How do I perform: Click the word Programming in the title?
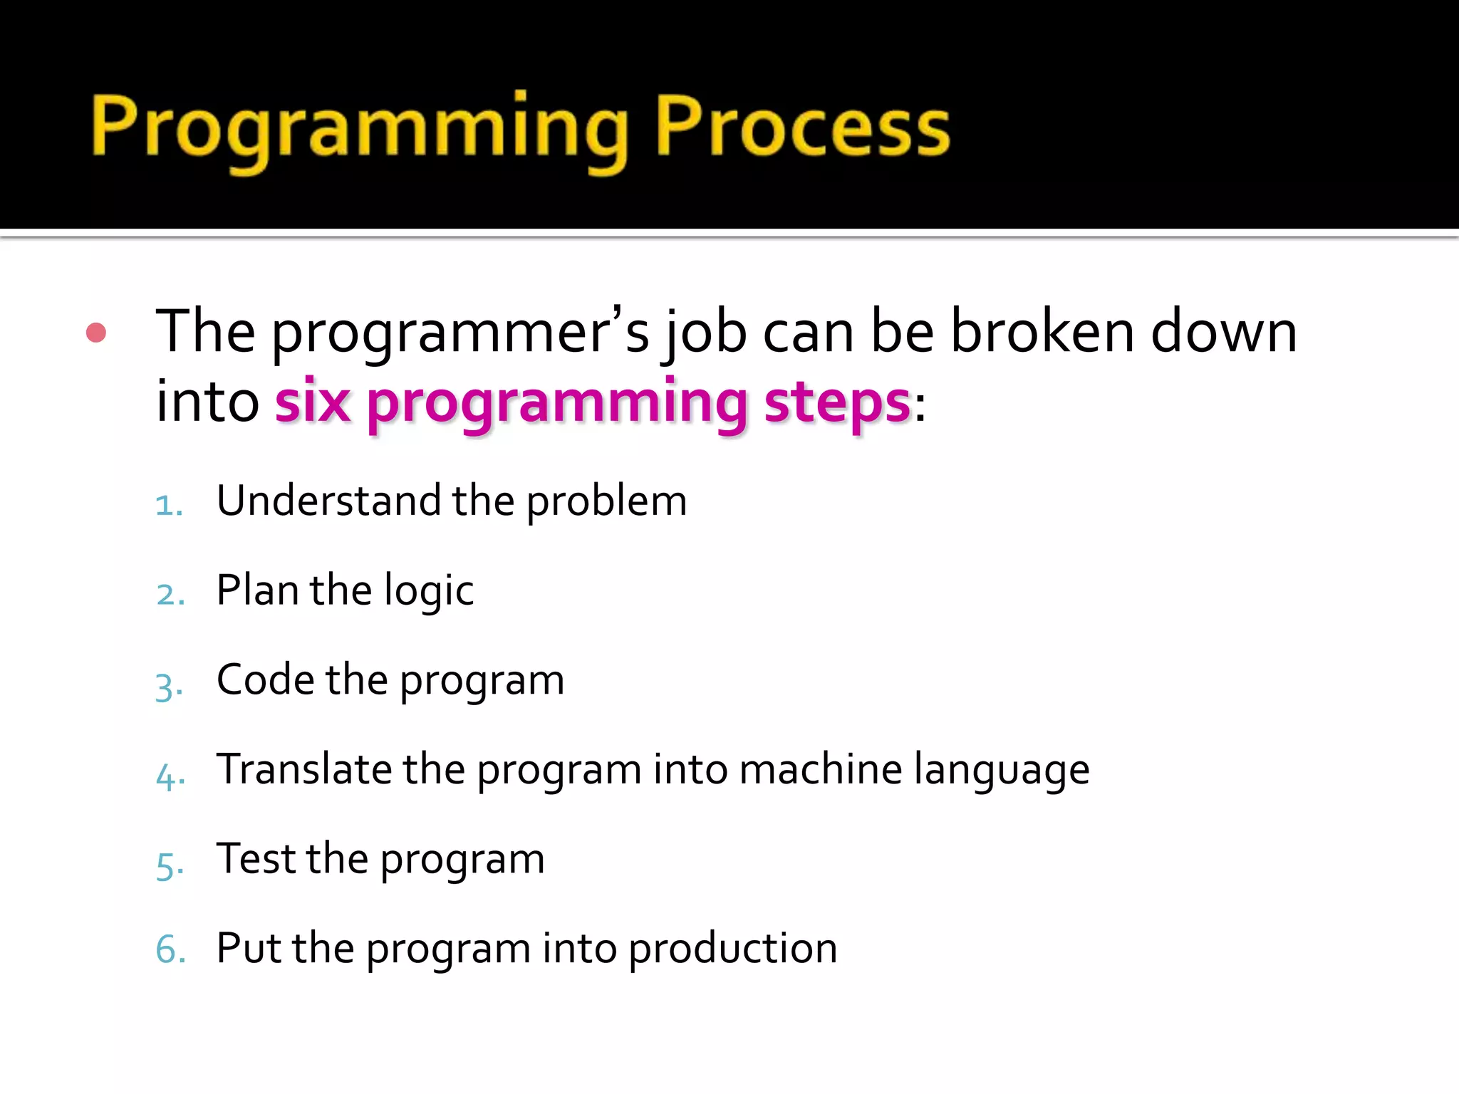point(360,130)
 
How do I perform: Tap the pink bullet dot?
point(96,333)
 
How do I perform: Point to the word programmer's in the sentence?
point(460,333)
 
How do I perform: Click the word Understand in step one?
point(328,500)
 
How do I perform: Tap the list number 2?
point(170,595)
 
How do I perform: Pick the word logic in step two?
point(429,591)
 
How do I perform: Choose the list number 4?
point(170,776)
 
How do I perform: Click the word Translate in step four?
point(304,769)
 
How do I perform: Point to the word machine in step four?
point(821,769)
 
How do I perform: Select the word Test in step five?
point(256,858)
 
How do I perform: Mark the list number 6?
point(170,950)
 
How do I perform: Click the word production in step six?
point(732,949)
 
